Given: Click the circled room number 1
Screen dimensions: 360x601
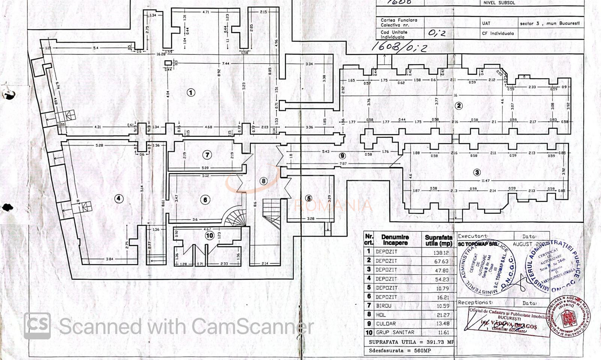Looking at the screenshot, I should click(x=191, y=92).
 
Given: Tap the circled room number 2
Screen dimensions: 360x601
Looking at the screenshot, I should click(x=458, y=106).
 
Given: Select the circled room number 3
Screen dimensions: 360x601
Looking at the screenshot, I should click(x=477, y=172).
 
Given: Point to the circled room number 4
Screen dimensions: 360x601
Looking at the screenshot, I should click(x=119, y=199).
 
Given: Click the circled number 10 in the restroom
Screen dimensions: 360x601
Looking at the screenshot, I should click(x=210, y=236).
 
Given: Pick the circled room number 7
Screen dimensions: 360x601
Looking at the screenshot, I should click(x=207, y=155).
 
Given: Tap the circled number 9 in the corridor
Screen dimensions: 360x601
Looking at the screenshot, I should click(x=342, y=156).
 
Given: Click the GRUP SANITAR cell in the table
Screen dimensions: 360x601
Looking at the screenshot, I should click(x=395, y=333).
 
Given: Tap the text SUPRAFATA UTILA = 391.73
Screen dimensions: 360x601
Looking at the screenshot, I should click(x=411, y=342).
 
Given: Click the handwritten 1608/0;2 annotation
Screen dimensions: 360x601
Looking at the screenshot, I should click(x=399, y=47).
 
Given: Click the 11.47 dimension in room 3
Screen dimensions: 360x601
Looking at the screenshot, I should click(x=486, y=181).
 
